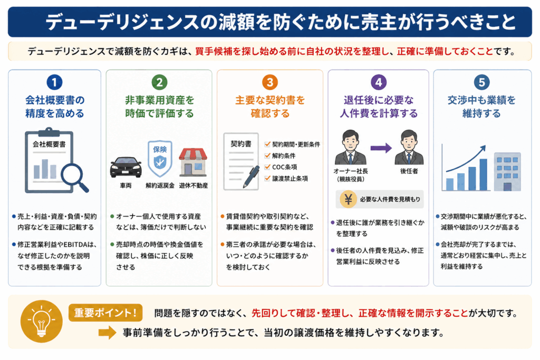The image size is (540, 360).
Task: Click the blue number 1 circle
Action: point(54,82)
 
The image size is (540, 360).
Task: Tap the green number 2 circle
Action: point(159,82)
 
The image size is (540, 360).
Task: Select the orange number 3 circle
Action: point(269,82)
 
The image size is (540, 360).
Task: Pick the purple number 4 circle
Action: point(379,82)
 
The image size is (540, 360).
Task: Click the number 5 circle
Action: point(481,82)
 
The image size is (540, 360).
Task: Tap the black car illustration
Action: point(126,167)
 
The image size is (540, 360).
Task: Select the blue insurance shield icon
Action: point(160,158)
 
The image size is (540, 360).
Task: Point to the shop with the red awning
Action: point(193,162)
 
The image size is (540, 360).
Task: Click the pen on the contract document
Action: point(251,177)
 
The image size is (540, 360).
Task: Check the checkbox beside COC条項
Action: point(267,167)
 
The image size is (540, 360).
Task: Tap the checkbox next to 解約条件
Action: point(267,155)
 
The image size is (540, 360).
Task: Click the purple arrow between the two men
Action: point(381,148)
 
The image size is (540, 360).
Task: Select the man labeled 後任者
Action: point(409,147)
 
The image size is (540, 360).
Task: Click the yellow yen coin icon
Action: point(348,199)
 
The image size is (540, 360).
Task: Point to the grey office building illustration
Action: point(507,172)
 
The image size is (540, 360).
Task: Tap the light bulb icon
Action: point(41,321)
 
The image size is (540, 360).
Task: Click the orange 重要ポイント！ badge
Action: point(105,313)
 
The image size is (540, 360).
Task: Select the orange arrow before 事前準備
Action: point(108,333)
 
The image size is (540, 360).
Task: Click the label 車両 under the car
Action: point(126,186)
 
